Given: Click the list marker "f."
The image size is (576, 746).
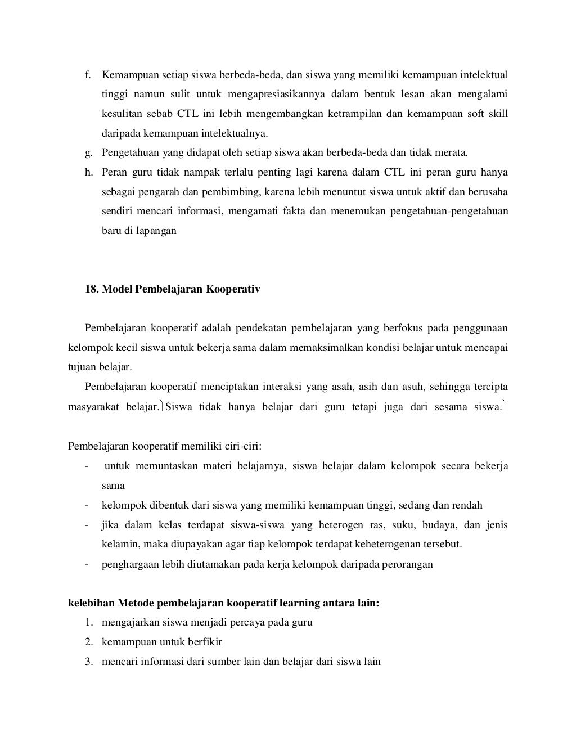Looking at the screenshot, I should coord(88,75).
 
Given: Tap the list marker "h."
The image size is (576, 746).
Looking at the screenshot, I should coord(89,172).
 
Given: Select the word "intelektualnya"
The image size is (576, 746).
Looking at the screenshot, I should coord(235,133).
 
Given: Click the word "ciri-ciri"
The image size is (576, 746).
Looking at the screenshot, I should coord(244,446).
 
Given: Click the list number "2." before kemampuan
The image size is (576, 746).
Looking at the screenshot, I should coord(89,642).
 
